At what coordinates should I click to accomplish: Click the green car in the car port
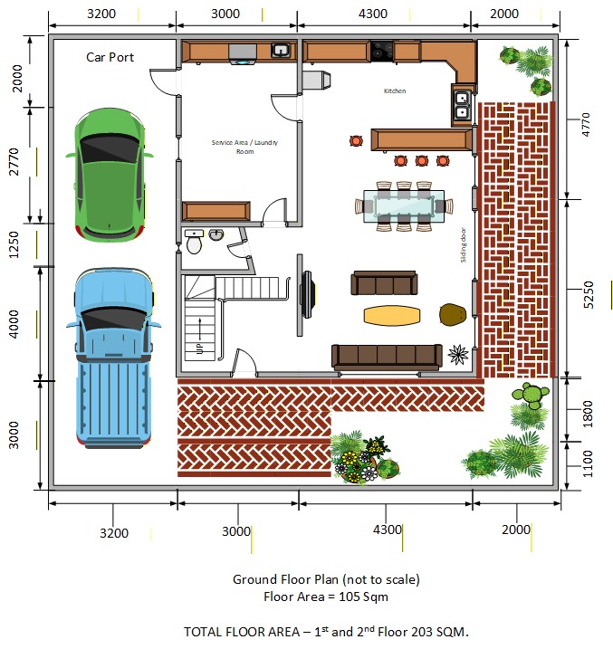point(110,175)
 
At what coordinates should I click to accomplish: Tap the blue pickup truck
point(113,358)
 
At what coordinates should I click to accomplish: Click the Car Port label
point(110,57)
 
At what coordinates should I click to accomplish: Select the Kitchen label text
point(395,91)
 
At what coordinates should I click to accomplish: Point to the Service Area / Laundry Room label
point(244,147)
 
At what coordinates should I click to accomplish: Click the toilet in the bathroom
point(194,242)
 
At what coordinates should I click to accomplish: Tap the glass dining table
point(404,206)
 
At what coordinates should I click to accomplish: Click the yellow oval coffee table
point(392,316)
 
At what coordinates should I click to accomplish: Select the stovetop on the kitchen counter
point(381,51)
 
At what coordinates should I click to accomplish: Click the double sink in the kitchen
point(462,105)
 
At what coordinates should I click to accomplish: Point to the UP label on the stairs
point(200,348)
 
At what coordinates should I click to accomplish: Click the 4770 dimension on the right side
point(586,124)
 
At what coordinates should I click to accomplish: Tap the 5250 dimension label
point(589,295)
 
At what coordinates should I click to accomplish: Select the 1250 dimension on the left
point(14,244)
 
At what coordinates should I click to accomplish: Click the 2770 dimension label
point(14,161)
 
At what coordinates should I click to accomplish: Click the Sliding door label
point(464,244)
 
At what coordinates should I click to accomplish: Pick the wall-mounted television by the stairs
point(308,294)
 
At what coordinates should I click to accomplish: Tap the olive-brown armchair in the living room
point(453,315)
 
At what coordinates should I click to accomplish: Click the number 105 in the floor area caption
point(350,597)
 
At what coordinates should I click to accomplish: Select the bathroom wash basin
point(216,235)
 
